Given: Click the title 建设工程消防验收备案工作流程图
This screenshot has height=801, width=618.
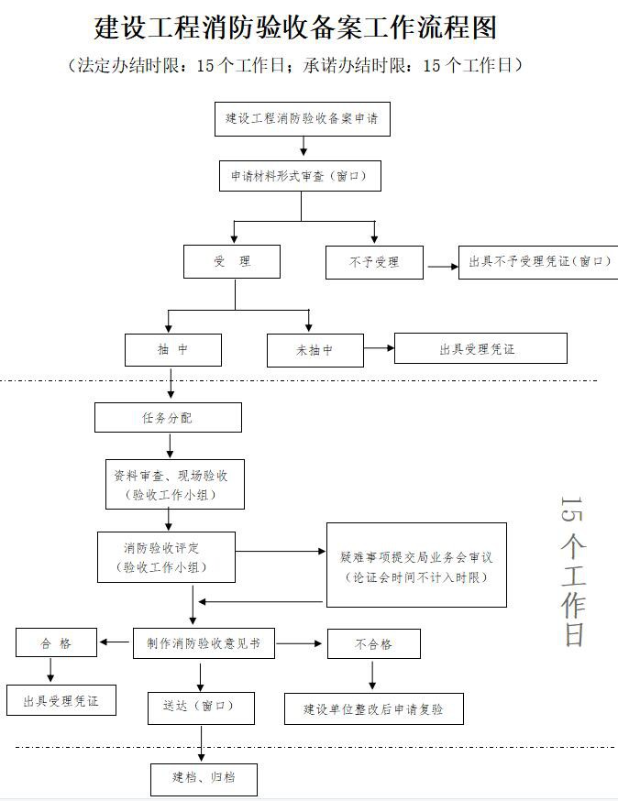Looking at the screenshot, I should [295, 27].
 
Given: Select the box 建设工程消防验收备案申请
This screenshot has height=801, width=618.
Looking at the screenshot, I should [303, 119].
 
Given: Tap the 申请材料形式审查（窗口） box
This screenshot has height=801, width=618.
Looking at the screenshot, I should [300, 176].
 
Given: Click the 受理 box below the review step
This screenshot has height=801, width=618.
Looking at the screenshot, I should [232, 261].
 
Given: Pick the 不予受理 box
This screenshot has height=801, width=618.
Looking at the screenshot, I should [374, 262].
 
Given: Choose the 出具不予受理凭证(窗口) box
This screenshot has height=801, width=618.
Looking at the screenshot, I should [537, 262].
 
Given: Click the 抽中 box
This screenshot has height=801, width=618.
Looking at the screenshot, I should [173, 350].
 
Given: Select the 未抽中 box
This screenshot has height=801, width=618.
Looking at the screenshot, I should [315, 350].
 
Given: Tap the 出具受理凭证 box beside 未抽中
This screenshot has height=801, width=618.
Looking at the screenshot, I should [480, 349].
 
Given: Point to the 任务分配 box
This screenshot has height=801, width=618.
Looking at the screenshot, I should [168, 418].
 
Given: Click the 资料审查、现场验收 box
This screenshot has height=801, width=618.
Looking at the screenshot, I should [173, 485].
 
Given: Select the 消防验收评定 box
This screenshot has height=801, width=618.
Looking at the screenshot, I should [167, 557].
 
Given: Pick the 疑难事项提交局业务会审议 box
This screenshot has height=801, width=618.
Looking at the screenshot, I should [417, 565].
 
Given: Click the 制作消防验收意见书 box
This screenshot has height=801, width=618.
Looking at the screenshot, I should [204, 643].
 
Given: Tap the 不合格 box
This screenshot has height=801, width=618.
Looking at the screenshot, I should [373, 643].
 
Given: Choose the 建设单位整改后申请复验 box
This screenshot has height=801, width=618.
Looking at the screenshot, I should [373, 709].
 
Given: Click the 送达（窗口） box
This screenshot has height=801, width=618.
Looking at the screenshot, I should [202, 708].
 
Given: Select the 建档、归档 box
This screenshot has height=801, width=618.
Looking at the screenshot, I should [204, 779].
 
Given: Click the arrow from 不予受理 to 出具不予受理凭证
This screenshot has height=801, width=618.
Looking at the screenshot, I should [442, 267].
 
